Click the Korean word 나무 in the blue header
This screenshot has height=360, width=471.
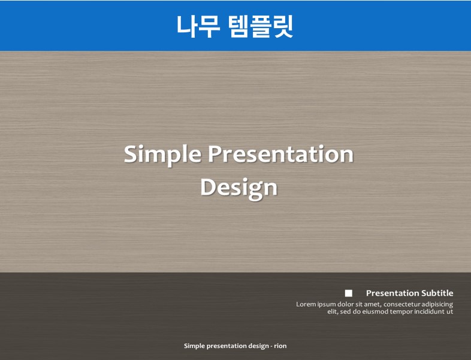point(198,26)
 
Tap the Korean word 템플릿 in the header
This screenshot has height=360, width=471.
point(260,26)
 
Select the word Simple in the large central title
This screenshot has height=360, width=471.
point(162,155)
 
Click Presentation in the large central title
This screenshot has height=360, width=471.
point(281,154)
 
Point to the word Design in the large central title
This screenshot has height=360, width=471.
point(239,188)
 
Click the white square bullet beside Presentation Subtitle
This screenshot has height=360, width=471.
point(348,293)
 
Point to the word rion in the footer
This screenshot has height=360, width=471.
point(280,346)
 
